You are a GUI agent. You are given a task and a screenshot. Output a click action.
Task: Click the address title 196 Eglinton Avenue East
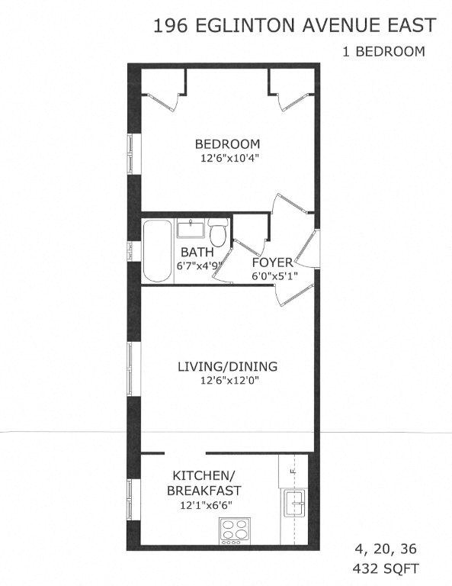coord(294,26)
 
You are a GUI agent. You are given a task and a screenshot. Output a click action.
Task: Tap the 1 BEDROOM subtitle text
coord(383,52)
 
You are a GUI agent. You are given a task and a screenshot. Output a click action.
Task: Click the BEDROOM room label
coord(227,143)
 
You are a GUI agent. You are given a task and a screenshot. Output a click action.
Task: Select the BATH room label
coord(195,253)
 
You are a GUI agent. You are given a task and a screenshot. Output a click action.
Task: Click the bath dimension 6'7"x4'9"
coord(198,266)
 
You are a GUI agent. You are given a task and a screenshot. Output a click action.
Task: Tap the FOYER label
coord(272,263)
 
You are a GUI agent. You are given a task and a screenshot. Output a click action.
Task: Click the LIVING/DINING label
coord(227,366)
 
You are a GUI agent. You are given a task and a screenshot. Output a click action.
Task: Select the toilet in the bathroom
coord(220,231)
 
